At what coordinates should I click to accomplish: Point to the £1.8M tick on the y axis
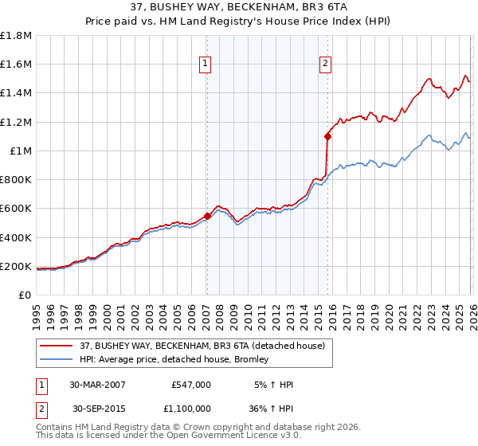[16, 36]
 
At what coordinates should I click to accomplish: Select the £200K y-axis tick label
[16, 266]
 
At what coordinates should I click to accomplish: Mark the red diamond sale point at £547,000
[207, 216]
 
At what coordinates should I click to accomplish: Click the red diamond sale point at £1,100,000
[327, 136]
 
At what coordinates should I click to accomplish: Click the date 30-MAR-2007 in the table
[98, 385]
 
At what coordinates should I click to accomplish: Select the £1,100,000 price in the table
[191, 408]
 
